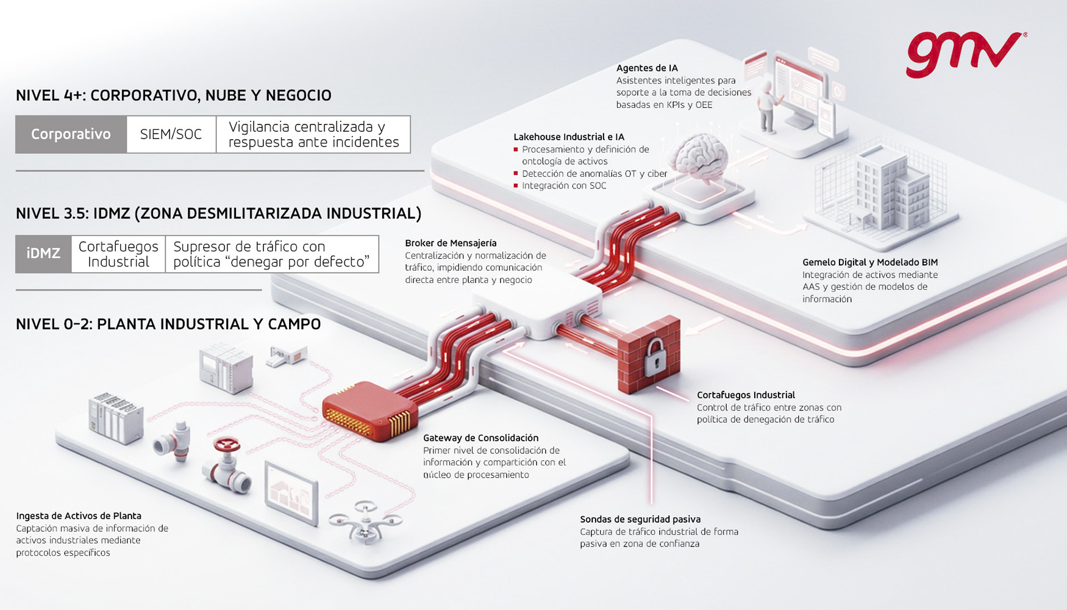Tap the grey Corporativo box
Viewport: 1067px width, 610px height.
click(71, 134)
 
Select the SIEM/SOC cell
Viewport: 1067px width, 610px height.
click(171, 134)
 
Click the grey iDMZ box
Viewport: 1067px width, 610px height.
click(43, 254)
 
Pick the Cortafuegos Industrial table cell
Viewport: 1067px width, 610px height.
click(118, 254)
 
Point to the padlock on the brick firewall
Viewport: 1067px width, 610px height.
click(655, 357)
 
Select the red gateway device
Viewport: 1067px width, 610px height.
click(369, 409)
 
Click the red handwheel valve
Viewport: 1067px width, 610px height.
click(227, 445)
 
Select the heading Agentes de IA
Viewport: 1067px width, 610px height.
click(647, 68)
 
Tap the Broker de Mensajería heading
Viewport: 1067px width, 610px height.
click(451, 243)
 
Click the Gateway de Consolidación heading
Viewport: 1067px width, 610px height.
click(480, 438)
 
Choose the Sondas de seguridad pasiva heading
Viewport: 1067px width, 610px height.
click(640, 520)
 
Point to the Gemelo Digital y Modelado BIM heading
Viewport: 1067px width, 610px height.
click(869, 263)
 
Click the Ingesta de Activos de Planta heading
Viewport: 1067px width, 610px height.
click(79, 516)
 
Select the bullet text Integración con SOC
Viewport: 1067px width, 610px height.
click(564, 186)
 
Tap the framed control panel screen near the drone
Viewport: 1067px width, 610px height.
click(291, 492)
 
